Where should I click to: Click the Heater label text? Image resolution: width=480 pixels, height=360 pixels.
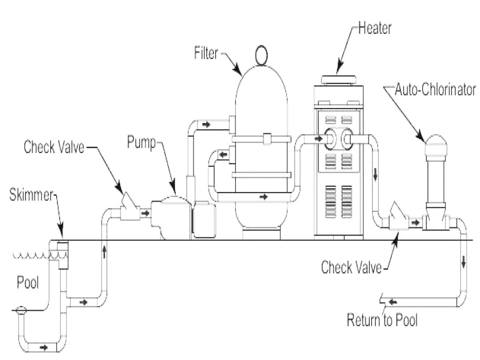point(375,29)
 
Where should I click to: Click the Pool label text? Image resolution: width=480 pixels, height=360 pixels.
point(28,283)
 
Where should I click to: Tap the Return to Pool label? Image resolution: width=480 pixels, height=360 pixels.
point(382,320)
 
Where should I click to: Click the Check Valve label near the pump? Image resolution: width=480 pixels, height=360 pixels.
point(53,148)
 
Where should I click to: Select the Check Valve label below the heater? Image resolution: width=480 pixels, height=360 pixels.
point(351,268)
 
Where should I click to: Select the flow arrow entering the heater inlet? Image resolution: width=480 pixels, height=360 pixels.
point(318,139)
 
